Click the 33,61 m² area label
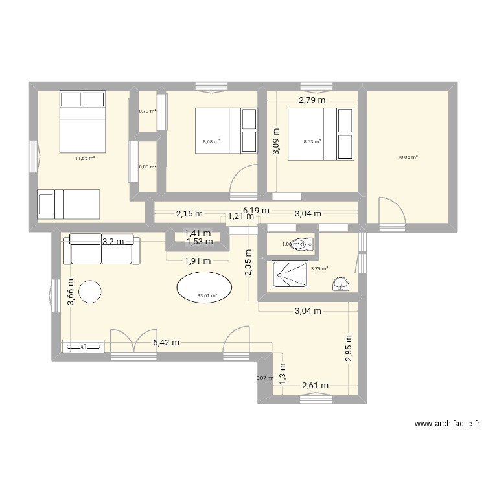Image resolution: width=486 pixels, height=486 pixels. (207, 297)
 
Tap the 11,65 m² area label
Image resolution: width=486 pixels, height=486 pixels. (85, 158)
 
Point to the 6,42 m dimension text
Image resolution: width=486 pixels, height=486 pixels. (166, 343)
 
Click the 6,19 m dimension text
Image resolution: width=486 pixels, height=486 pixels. (256, 211)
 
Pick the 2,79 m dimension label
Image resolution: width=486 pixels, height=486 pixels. (312, 100)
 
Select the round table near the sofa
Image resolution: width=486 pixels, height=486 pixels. (88, 292)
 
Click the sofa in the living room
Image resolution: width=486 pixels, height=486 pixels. (102, 249)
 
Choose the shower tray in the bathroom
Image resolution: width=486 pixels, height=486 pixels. (289, 273)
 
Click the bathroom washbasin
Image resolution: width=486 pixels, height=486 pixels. (341, 283)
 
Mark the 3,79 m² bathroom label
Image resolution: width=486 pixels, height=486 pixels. (319, 268)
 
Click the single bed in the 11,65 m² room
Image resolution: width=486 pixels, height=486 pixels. (69, 204)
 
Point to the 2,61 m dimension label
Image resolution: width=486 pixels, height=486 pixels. (316, 386)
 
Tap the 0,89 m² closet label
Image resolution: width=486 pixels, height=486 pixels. (148, 167)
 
